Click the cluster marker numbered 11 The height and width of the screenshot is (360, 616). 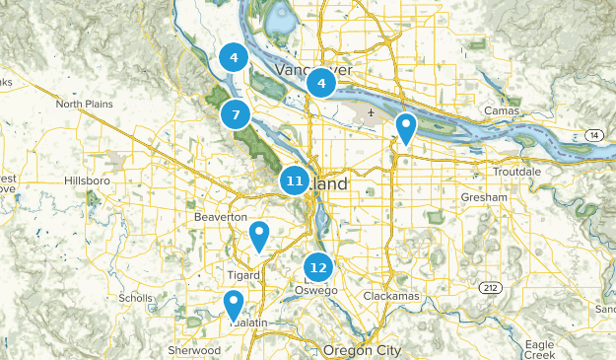tap(294, 180)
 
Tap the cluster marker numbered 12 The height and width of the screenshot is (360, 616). tap(317, 266)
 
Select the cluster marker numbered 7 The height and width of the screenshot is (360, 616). tap(235, 115)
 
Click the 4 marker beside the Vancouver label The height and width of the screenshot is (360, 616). tap(320, 84)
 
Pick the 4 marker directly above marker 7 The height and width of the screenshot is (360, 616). tap(233, 58)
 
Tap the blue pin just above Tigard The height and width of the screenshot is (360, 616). tap(259, 236)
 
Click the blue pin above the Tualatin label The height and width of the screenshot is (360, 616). tap(234, 304)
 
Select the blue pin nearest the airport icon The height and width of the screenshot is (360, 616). tap(405, 127)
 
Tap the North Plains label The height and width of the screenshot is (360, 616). tap(85, 104)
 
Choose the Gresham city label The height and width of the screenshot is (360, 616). tap(483, 197)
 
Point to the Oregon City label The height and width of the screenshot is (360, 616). tap(363, 350)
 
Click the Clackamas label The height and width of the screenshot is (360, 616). tap(392, 295)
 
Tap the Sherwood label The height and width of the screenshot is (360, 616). tap(193, 350)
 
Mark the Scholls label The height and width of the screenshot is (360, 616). tap(135, 297)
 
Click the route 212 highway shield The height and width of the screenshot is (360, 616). tap(490, 287)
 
